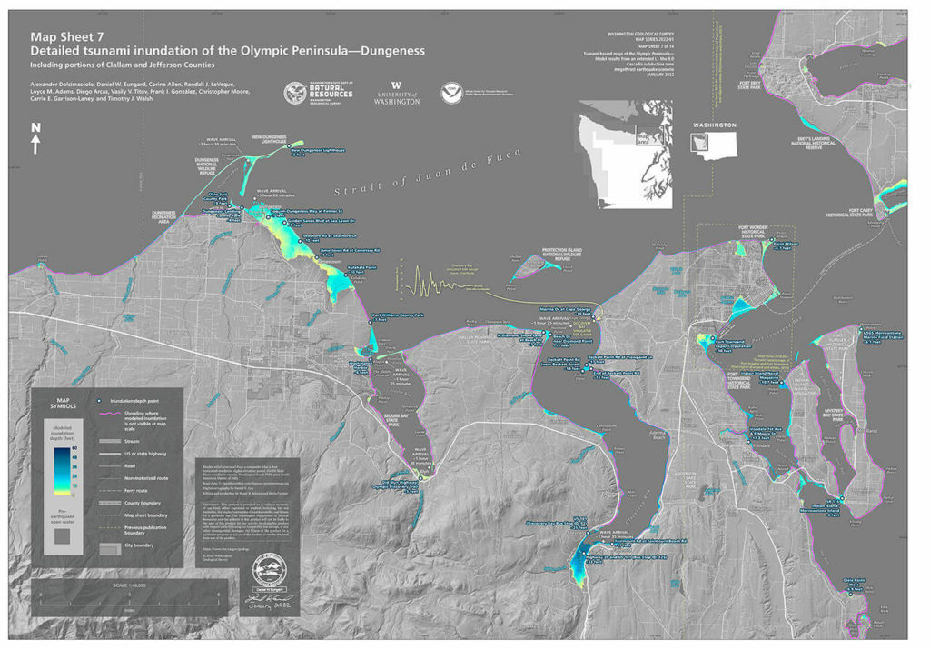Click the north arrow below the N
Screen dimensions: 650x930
(x=35, y=144)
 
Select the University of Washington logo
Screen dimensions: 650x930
(x=396, y=93)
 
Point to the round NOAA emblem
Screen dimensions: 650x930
(x=449, y=92)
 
